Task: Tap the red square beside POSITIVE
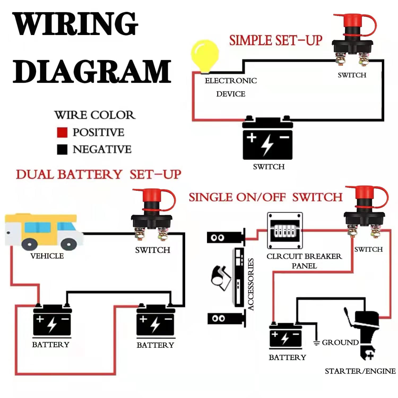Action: coord(62,132)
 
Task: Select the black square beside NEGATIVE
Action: coord(62,149)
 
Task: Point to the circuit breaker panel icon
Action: coord(285,230)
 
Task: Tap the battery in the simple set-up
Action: coord(267,139)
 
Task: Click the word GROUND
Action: coord(340,343)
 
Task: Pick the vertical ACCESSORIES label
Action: coord(251,284)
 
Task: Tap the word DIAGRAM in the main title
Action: coord(92,71)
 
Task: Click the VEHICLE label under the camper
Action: coord(47,256)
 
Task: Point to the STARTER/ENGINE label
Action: coord(360,371)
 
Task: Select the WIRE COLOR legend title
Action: coord(95,115)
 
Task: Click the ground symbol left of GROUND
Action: coord(316,343)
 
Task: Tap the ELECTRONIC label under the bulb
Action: coord(231,81)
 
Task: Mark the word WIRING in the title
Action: coord(75,24)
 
